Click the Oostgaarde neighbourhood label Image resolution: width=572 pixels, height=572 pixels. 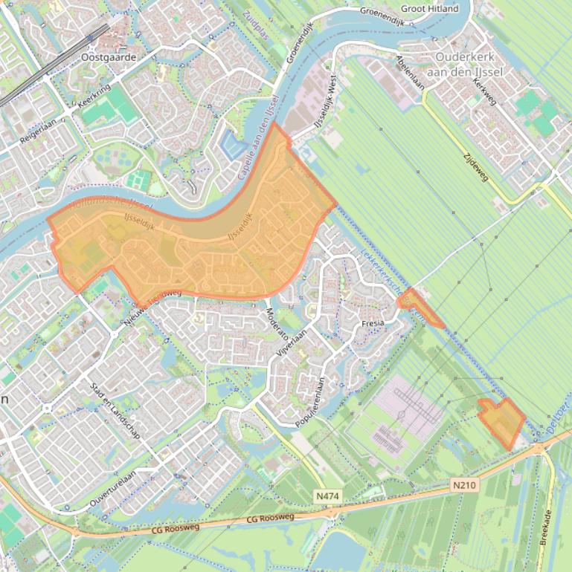(109, 56)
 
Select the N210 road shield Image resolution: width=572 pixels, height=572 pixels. (463, 485)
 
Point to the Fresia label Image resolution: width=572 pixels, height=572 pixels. (373, 324)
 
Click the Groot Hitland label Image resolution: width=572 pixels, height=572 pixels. (430, 9)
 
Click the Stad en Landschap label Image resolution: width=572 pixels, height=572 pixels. (115, 411)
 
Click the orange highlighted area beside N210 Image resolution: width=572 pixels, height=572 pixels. (502, 422)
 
